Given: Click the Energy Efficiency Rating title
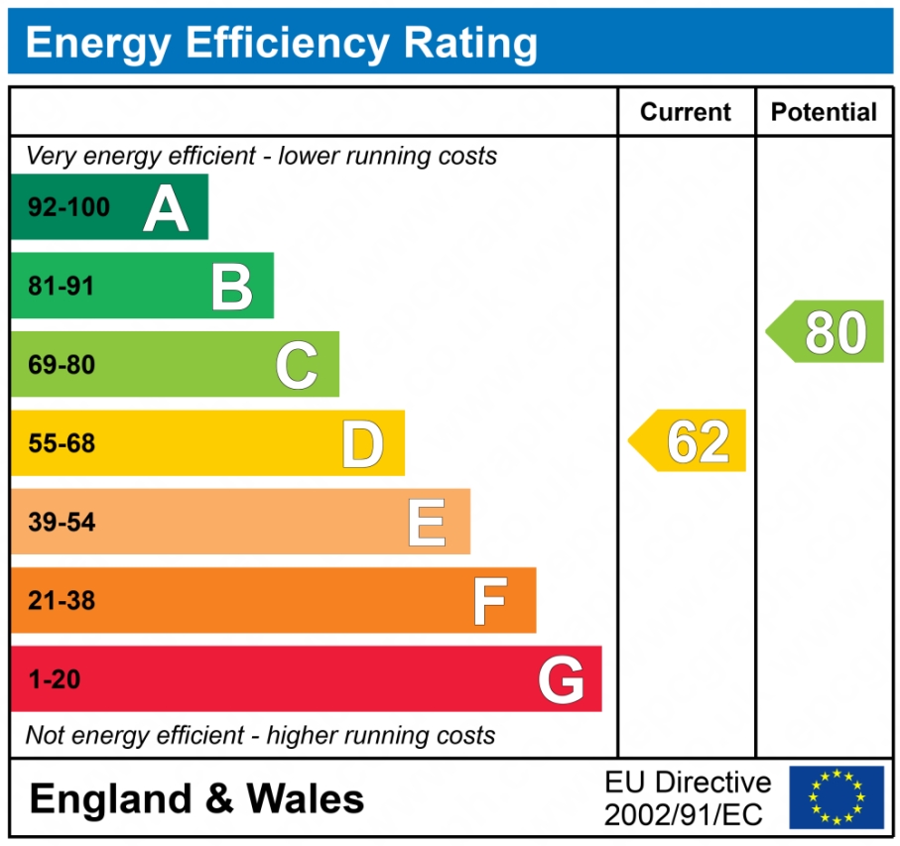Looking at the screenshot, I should [281, 44].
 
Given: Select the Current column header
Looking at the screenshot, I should [686, 112].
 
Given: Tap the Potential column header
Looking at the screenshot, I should [824, 112].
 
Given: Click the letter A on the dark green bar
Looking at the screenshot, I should [166, 208].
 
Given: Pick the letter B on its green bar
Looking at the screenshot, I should [232, 287].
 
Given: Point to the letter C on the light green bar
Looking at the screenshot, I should [297, 365].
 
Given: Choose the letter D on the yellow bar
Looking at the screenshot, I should [362, 444].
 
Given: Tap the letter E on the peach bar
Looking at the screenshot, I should [427, 523].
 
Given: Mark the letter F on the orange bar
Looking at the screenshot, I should [490, 601].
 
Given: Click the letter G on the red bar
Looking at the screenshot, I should [561, 680].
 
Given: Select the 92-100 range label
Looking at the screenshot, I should [69, 208].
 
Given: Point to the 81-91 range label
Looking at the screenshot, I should [62, 287].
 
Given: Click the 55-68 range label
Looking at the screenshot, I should [62, 444].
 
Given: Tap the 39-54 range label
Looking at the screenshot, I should [62, 523].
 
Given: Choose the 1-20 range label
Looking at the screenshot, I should [55, 680].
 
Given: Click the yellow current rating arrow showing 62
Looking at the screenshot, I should [689, 441].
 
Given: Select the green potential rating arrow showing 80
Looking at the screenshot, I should [826, 332].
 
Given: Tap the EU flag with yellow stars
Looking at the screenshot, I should [836, 797].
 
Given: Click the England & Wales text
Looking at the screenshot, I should [196, 799].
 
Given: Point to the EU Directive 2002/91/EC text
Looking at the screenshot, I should [687, 798].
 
